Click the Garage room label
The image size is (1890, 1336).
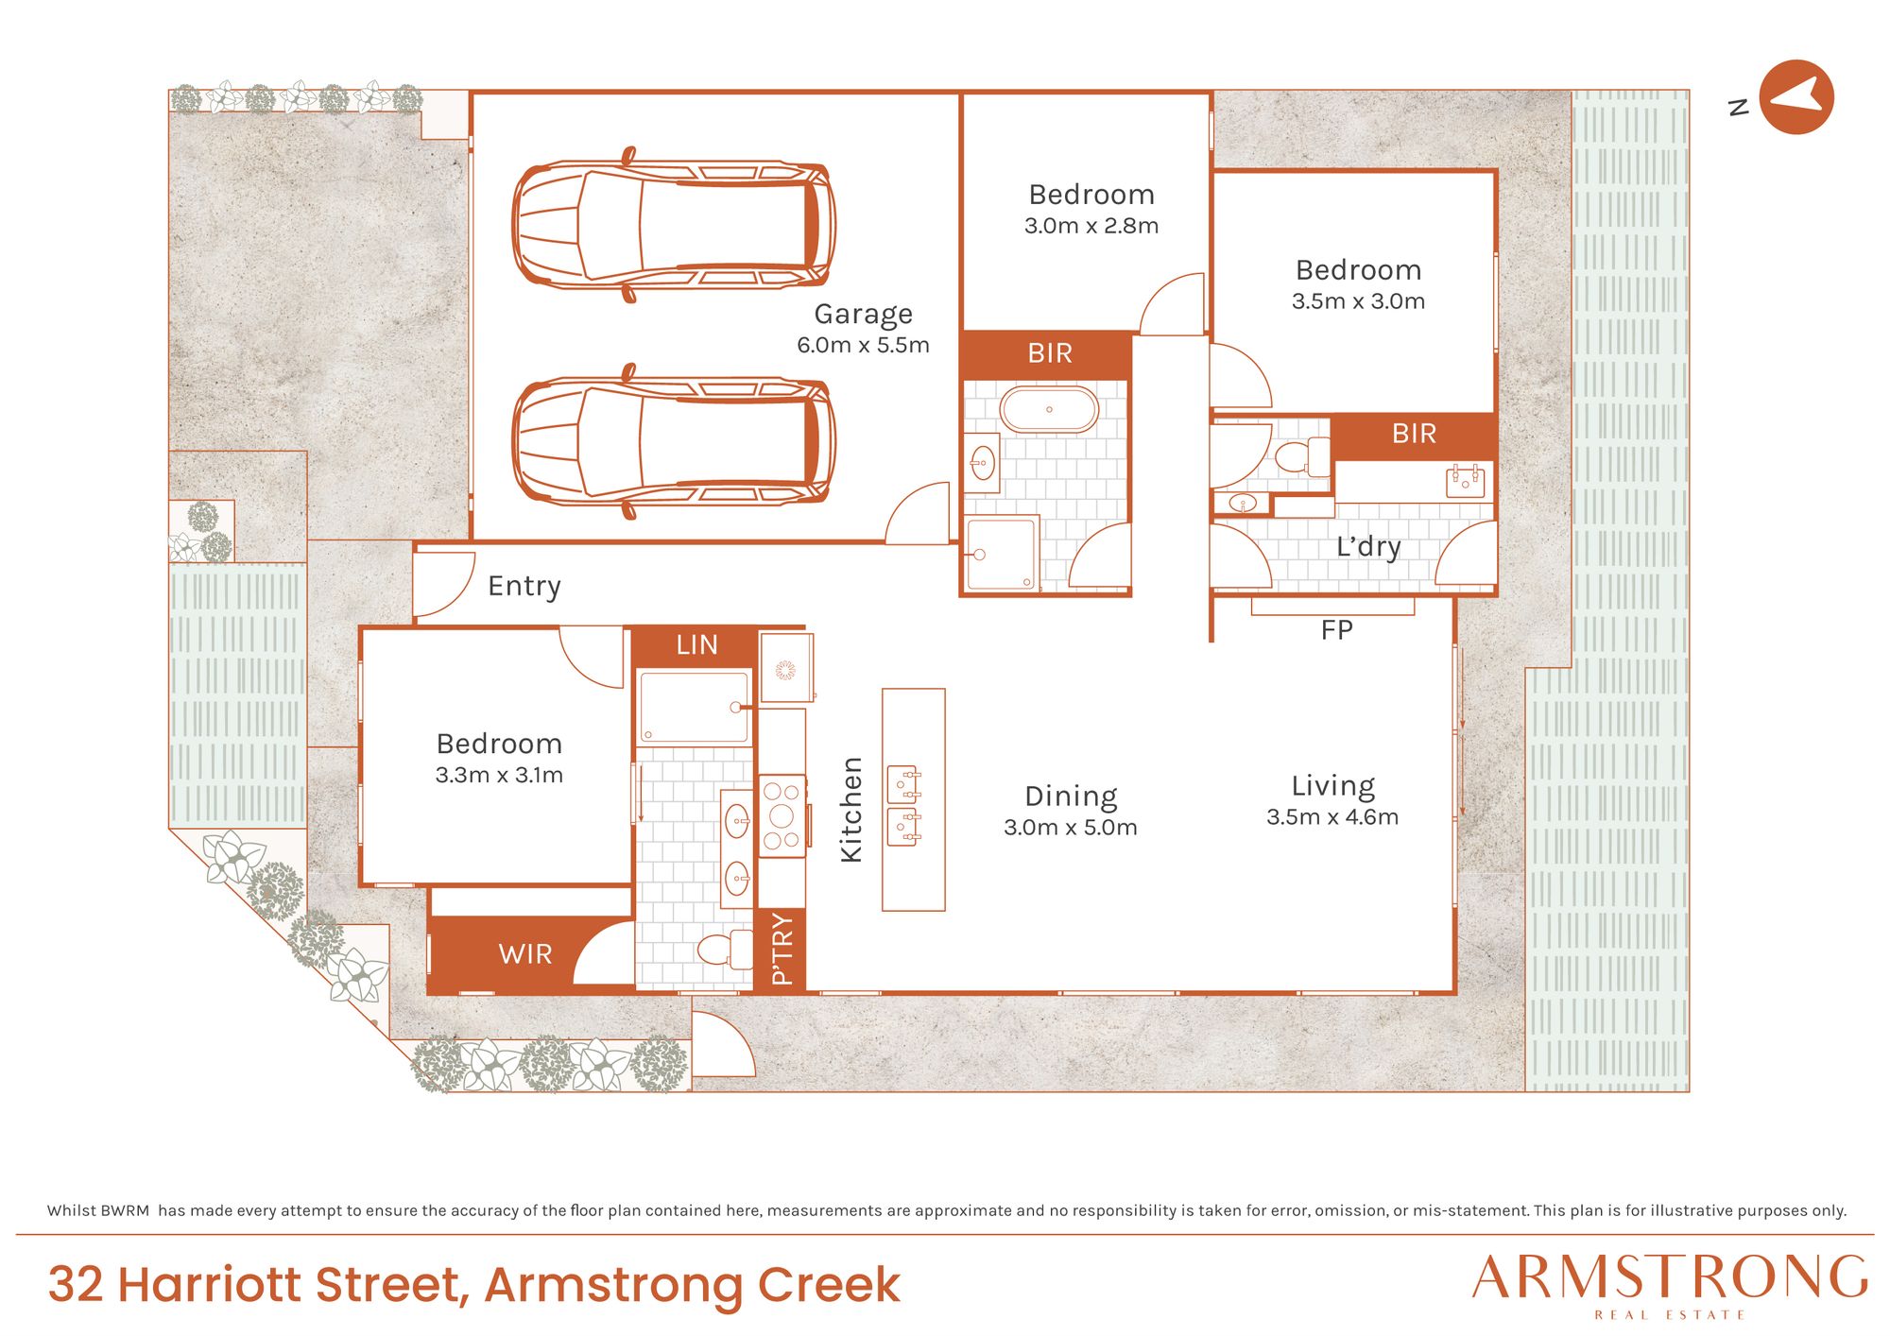coord(864,315)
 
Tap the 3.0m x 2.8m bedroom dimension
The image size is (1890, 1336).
coord(1091,226)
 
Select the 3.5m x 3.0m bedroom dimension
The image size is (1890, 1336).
coord(1358,301)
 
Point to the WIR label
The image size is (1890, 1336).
coord(525,954)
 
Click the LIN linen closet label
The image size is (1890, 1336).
coord(696,645)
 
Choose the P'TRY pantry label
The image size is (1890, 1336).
coord(782,950)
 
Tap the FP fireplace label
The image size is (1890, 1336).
coord(1336,630)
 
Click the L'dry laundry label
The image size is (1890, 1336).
coord(1368,547)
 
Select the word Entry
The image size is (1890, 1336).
coord(524,587)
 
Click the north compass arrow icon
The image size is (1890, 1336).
coord(1796,97)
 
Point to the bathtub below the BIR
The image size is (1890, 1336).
coord(1049,410)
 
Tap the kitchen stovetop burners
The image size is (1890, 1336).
coord(782,815)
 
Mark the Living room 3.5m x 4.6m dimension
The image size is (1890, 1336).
coord(1332,817)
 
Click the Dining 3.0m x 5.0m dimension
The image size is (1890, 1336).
coord(1071,828)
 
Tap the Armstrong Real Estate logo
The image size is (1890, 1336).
coord(1670,1285)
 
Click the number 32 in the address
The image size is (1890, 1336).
coord(76,1285)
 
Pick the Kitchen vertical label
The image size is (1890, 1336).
coord(851,810)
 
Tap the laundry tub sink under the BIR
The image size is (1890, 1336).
coord(1465,482)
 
